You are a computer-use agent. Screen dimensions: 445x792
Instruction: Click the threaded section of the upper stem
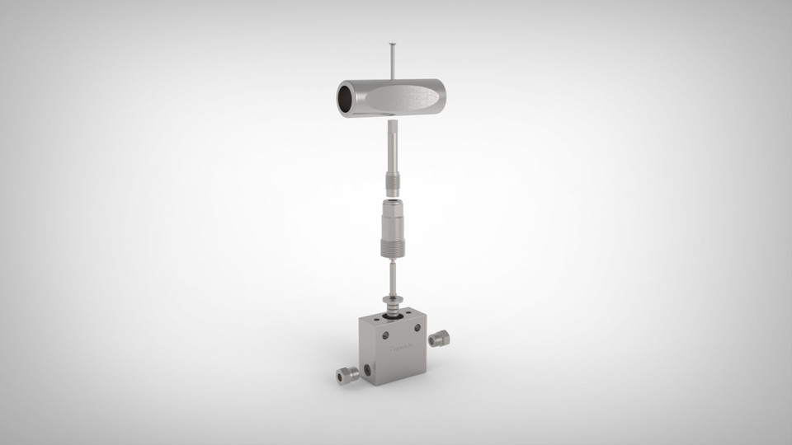392,180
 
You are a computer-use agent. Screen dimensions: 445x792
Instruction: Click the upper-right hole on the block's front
417,328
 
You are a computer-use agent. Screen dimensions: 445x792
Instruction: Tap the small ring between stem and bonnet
392,195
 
